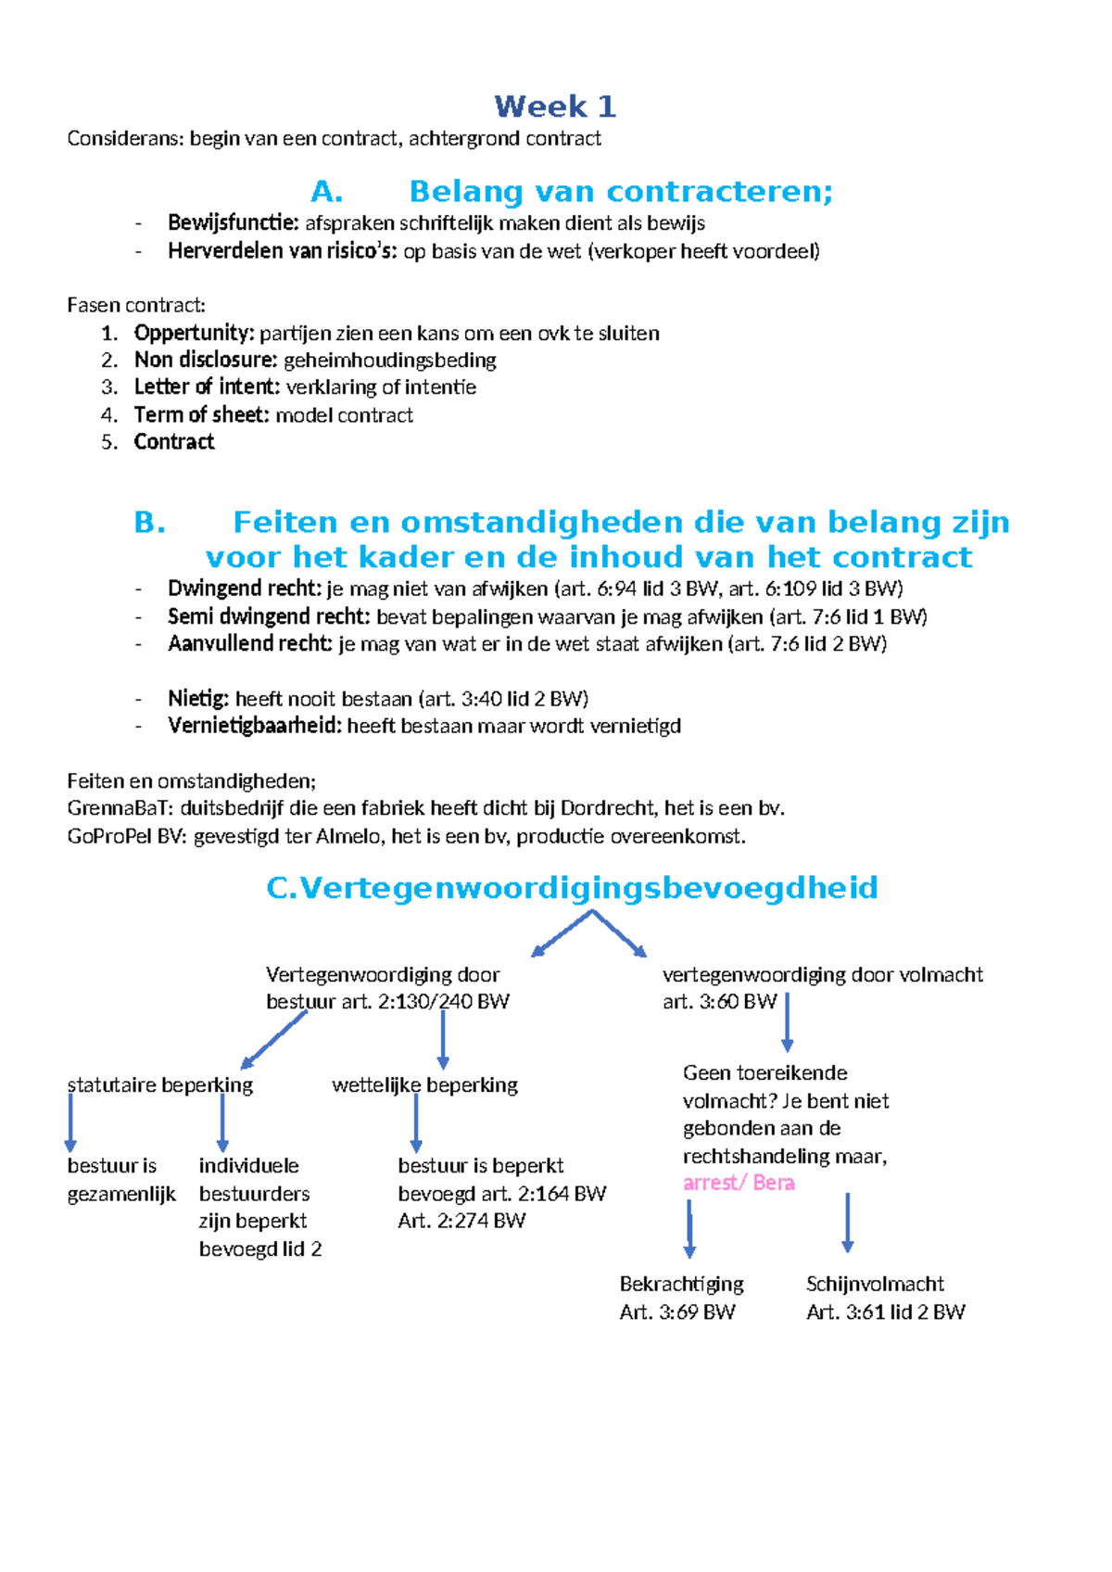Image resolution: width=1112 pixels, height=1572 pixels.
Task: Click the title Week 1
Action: pos(554,107)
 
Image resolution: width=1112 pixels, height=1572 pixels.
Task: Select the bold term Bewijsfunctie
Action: pos(233,223)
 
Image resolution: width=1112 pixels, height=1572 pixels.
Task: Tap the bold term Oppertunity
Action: pos(194,334)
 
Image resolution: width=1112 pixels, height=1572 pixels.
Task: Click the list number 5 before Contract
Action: pos(109,442)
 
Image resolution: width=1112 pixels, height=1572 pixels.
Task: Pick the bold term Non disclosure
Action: pos(205,361)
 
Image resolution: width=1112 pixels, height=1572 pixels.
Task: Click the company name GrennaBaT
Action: pos(120,808)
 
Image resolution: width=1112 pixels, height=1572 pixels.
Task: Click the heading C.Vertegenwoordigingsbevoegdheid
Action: pos(572,888)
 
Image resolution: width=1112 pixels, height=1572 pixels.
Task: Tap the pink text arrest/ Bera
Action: pos(739,1183)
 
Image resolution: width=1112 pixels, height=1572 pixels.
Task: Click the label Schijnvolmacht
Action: pos(875,1285)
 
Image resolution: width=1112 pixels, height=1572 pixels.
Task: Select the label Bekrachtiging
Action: pos(681,1285)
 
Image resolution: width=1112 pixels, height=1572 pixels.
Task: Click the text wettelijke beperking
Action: pos(424,1085)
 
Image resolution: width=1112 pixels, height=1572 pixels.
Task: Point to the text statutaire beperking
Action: pos(159,1085)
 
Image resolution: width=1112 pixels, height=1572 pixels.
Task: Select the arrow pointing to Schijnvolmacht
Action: pos(847,1223)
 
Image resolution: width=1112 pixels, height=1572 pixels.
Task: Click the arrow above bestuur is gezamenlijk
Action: pos(70,1122)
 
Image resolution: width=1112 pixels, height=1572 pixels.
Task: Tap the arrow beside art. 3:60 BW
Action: pos(787,1021)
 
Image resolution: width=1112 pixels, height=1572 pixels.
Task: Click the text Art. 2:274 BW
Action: pos(461,1221)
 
